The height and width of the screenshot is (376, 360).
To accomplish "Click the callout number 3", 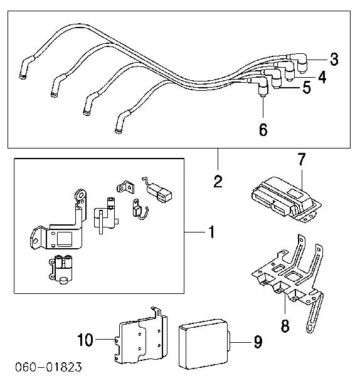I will pyautogui.click(x=334, y=60).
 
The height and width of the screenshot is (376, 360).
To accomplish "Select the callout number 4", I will pyautogui.click(x=321, y=77).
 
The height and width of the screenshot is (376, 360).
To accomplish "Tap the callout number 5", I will pyautogui.click(x=306, y=88).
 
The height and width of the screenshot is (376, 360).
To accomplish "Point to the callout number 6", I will pyautogui.click(x=263, y=130).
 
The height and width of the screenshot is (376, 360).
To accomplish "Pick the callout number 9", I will pyautogui.click(x=257, y=342).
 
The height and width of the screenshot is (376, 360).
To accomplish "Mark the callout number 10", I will pyautogui.click(x=85, y=340).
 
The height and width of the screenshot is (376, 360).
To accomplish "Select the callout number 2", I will pyautogui.click(x=218, y=182).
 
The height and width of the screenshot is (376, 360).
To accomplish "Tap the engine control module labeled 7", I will pyautogui.click(x=282, y=197).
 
